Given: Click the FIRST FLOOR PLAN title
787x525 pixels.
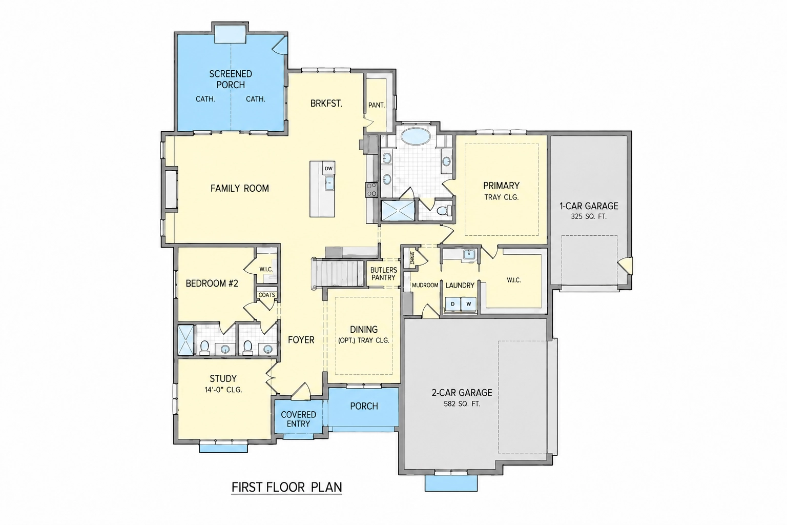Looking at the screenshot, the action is (x=287, y=487).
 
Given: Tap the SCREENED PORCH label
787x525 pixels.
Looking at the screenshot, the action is (x=231, y=79).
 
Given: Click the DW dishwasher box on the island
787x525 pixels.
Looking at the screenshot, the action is (x=328, y=169).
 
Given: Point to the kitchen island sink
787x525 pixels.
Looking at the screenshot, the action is (x=329, y=183).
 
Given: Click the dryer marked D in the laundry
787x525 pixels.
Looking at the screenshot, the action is (x=452, y=304).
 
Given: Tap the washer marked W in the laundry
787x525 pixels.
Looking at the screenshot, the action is (x=468, y=304).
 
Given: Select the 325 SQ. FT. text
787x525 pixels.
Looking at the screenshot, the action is (x=589, y=216).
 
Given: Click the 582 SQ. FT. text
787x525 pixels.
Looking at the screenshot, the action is (x=462, y=404).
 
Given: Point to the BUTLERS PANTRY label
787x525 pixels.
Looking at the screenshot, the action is (x=384, y=274).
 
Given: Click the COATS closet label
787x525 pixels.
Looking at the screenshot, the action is (x=266, y=295).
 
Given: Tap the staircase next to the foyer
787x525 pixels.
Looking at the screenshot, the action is (x=338, y=273).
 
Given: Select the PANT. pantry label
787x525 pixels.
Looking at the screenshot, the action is (x=376, y=105).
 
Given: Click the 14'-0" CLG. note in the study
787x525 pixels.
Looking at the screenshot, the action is (x=223, y=390).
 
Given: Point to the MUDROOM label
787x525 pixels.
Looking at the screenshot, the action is (x=425, y=285).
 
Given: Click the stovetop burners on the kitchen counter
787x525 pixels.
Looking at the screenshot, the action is (x=371, y=190).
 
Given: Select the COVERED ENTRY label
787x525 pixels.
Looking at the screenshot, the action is (x=298, y=419).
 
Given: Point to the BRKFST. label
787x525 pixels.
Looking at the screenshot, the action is (x=326, y=104).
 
